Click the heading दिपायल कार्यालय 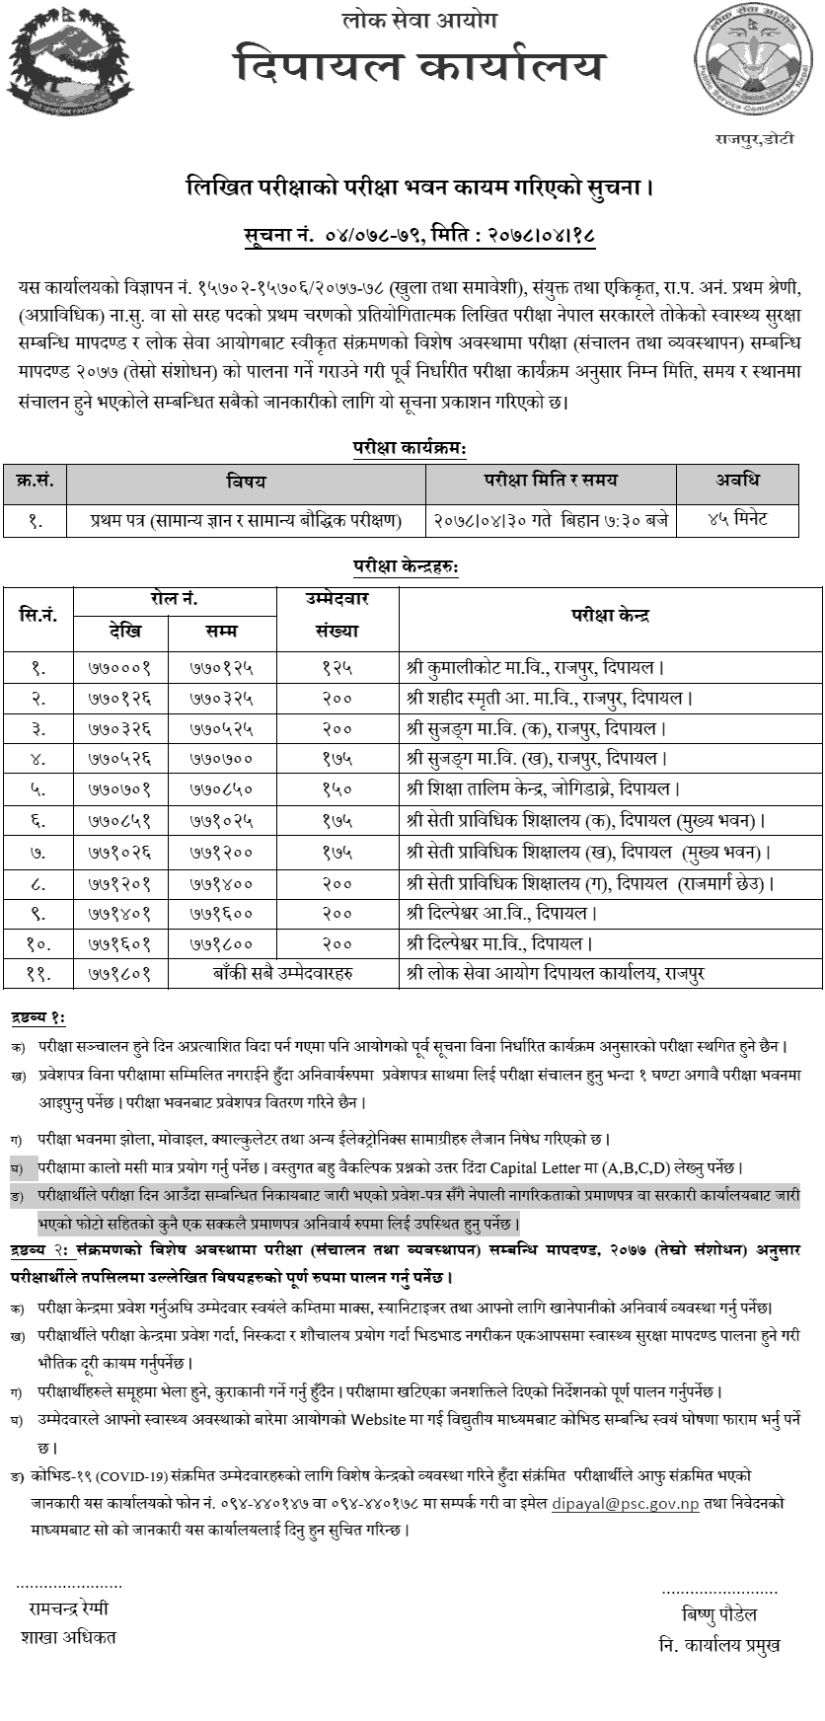tap(419, 67)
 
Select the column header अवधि tap(737, 481)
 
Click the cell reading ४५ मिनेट tap(737, 519)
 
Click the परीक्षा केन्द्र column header tap(610, 616)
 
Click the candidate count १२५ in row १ tap(337, 667)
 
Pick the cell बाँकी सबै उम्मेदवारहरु tap(283, 973)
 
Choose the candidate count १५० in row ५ tap(337, 789)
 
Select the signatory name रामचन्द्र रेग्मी tap(69, 1609)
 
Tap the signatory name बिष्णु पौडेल tap(719, 1614)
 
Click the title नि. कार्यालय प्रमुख tap(719, 1644)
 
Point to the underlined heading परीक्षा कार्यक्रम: tap(410, 447)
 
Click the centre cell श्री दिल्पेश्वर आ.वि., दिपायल tap(501, 912)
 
